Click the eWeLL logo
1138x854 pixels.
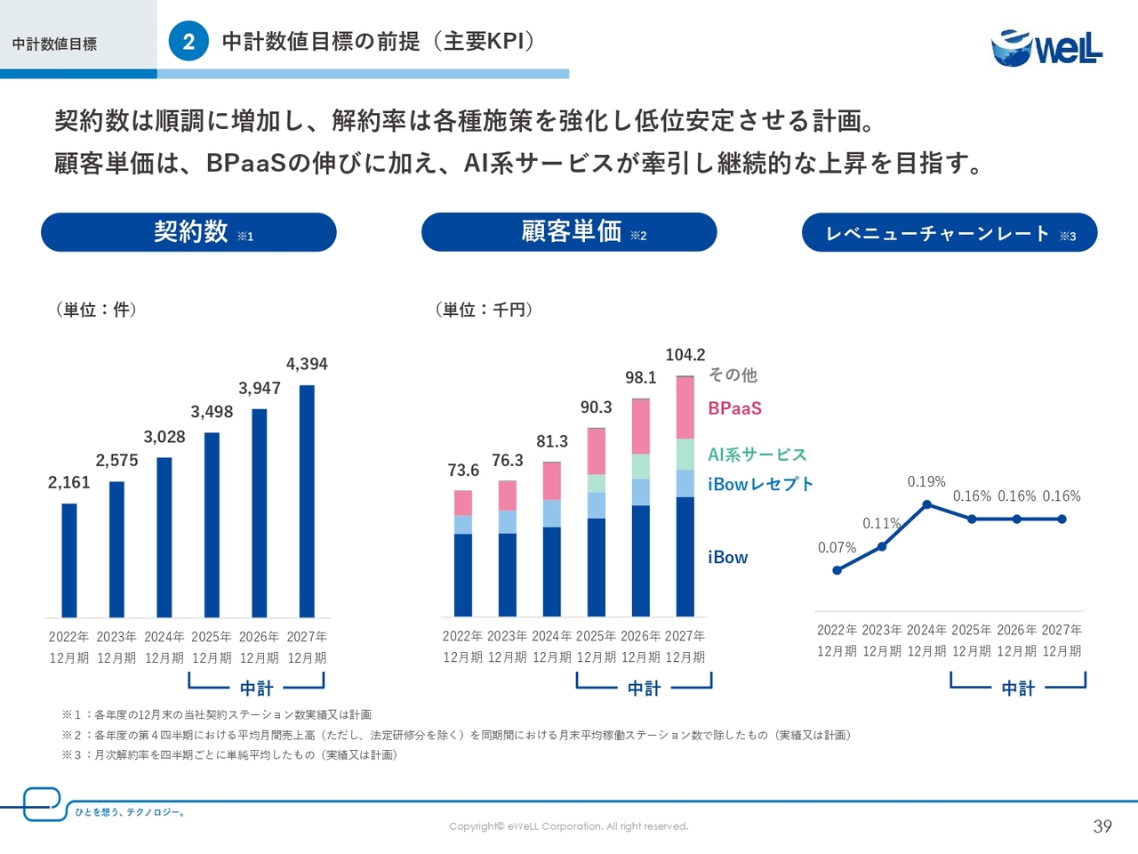(x=1046, y=47)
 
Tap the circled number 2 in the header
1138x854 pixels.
(x=188, y=42)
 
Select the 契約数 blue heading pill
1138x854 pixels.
(x=188, y=232)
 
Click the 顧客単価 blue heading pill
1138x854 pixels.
(x=569, y=232)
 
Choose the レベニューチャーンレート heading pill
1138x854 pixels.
(x=950, y=233)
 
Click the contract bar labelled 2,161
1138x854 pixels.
(x=69, y=560)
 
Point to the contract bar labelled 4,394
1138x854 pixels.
(x=307, y=501)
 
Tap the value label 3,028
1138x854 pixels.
(x=164, y=437)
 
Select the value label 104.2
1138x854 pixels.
(x=685, y=355)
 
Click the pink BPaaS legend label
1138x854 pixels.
(x=734, y=408)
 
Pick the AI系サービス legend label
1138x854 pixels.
(x=757, y=455)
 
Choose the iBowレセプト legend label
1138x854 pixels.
(x=760, y=484)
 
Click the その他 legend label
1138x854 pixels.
(x=733, y=375)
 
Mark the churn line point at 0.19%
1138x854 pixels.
(x=927, y=504)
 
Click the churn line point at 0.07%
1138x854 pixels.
(x=837, y=570)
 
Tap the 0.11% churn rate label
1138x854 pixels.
(x=881, y=523)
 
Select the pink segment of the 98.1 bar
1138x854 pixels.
(x=641, y=427)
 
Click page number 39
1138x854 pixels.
(x=1102, y=826)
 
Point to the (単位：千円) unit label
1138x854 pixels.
(x=484, y=310)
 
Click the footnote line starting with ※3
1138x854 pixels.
(x=229, y=755)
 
